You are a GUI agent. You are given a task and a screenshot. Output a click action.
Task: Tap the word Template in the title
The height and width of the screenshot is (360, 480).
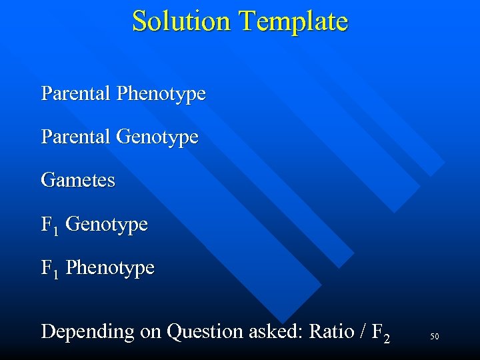293,22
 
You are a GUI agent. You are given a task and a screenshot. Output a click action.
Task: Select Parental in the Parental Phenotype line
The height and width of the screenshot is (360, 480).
75,93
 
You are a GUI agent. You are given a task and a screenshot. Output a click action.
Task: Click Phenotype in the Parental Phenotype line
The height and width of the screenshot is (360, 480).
161,94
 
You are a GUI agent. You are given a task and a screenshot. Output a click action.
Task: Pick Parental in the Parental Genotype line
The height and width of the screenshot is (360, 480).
75,137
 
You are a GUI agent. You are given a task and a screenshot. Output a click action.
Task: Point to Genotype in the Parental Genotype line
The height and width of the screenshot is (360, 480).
157,138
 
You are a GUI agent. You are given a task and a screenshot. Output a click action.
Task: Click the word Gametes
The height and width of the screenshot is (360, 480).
78,180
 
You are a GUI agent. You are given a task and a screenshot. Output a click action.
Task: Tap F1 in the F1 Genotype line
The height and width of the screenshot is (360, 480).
49,225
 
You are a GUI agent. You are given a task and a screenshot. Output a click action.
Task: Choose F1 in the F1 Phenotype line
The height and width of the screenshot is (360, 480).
49,269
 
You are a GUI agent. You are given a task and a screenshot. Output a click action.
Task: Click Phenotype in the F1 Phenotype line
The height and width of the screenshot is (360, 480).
110,269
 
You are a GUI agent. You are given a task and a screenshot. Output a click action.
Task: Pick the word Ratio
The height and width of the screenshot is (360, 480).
329,331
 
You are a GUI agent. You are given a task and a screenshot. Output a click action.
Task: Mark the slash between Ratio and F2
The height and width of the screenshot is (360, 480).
361,331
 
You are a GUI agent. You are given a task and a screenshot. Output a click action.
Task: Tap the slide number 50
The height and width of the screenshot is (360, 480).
434,337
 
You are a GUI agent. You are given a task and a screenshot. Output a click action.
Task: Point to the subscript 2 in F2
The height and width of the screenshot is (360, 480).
386,337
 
